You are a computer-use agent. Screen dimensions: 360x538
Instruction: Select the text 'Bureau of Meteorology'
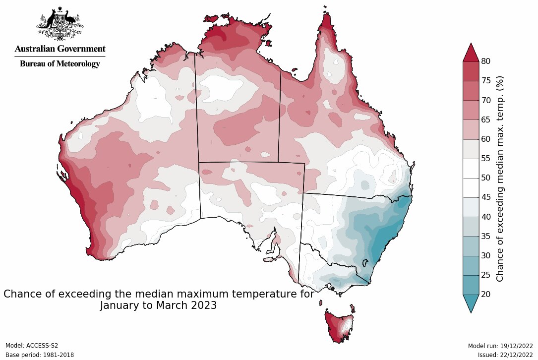click(x=60, y=64)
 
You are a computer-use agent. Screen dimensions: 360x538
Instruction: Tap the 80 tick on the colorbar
click(x=486, y=61)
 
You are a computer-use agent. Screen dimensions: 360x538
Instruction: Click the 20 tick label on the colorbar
click(x=486, y=295)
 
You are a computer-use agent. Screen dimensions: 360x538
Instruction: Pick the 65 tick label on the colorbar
click(x=486, y=120)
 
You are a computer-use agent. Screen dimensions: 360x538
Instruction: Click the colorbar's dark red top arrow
click(x=471, y=53)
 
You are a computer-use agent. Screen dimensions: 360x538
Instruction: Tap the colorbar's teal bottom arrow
click(x=471, y=303)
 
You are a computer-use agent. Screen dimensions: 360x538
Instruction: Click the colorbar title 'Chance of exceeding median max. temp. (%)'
click(x=500, y=179)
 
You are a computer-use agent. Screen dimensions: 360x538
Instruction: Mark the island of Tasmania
click(x=340, y=325)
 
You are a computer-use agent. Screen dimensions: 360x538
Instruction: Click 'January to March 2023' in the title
click(x=158, y=305)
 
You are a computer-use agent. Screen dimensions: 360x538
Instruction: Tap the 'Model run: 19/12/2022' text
click(x=500, y=346)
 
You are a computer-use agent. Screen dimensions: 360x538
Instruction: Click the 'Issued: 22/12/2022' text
click(x=505, y=355)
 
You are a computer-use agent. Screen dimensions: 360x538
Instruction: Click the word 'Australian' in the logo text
click(x=35, y=49)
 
